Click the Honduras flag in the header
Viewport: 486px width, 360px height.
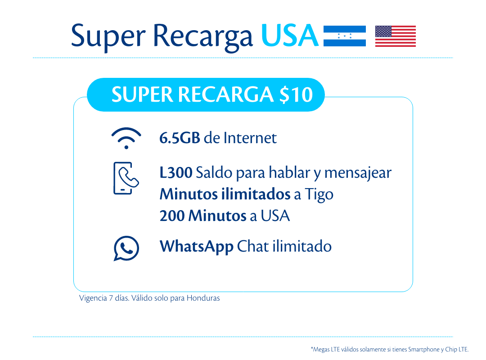pyautogui.click(x=344, y=36)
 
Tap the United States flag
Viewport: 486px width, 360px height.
pyautogui.click(x=395, y=36)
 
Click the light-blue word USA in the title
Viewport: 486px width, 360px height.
pyautogui.click(x=290, y=36)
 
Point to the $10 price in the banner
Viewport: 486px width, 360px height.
pyautogui.click(x=296, y=94)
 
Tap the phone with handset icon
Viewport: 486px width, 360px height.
pyautogui.click(x=126, y=178)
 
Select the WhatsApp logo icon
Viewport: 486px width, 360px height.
pyautogui.click(x=126, y=248)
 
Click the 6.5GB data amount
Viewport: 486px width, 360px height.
pyautogui.click(x=180, y=138)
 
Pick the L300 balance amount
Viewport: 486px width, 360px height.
pyautogui.click(x=176, y=172)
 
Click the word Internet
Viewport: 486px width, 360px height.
pyautogui.click(x=250, y=138)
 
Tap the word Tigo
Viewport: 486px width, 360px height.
pyautogui.click(x=319, y=195)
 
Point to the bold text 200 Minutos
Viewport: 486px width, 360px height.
pyautogui.click(x=203, y=216)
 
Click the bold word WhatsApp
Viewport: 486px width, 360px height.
pyautogui.click(x=197, y=247)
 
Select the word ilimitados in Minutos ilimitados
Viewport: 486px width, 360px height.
pyautogui.click(x=256, y=194)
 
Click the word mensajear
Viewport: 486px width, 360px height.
pyautogui.click(x=358, y=173)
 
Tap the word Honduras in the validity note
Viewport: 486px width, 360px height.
pyautogui.click(x=203, y=298)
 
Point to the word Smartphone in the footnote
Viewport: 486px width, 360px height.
pyautogui.click(x=424, y=350)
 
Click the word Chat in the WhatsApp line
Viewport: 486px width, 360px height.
pyautogui.click(x=253, y=247)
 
